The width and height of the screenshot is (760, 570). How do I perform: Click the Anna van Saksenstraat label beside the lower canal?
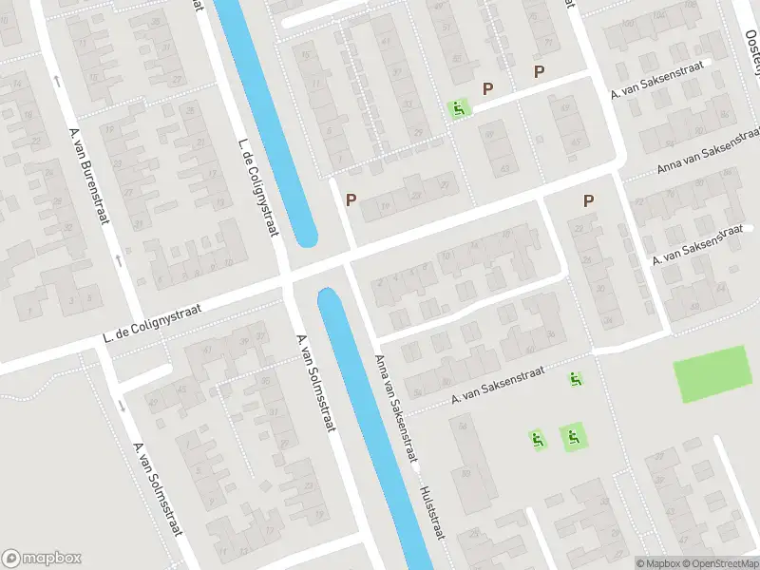pos(396,409)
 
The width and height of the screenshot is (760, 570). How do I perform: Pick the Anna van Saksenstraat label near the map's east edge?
pos(708,153)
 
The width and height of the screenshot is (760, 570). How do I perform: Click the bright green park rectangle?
pos(712,374)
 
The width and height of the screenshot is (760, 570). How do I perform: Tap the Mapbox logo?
pos(42,559)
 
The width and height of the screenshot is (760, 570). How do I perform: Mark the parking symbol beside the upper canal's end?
pos(351,200)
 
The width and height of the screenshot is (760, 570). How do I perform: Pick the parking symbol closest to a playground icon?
pos(488,89)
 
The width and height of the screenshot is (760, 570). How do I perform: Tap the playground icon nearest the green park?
pos(576,379)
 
